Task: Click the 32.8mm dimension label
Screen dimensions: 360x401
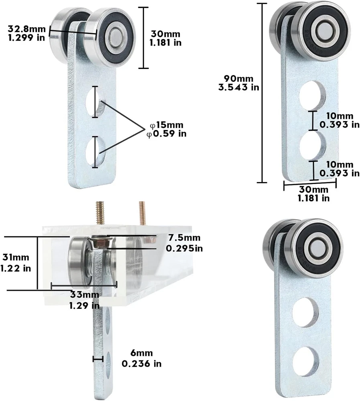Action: [x=26, y=29]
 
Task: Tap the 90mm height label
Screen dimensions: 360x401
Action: [x=239, y=79]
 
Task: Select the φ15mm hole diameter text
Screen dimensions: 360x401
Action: [x=167, y=125]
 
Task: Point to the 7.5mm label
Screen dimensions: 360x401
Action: [x=184, y=237]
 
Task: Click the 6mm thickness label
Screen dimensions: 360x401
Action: [x=142, y=353]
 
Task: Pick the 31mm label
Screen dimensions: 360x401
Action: [x=16, y=257]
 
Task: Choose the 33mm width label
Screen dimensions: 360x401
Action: [x=85, y=295]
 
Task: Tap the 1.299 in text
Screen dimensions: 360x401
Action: [x=26, y=38]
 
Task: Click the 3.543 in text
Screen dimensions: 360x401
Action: [x=239, y=87]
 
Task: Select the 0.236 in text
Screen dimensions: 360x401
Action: [x=142, y=363]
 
